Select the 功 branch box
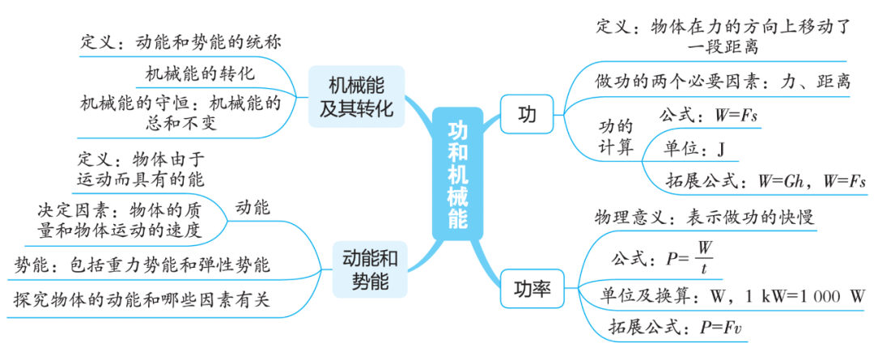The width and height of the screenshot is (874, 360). tap(527, 116)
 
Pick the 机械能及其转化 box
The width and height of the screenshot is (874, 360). tap(356, 97)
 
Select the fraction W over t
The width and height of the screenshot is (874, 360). tap(704, 256)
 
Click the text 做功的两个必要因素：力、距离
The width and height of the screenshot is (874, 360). tap(723, 82)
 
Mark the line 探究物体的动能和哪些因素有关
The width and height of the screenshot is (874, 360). tap(142, 300)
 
